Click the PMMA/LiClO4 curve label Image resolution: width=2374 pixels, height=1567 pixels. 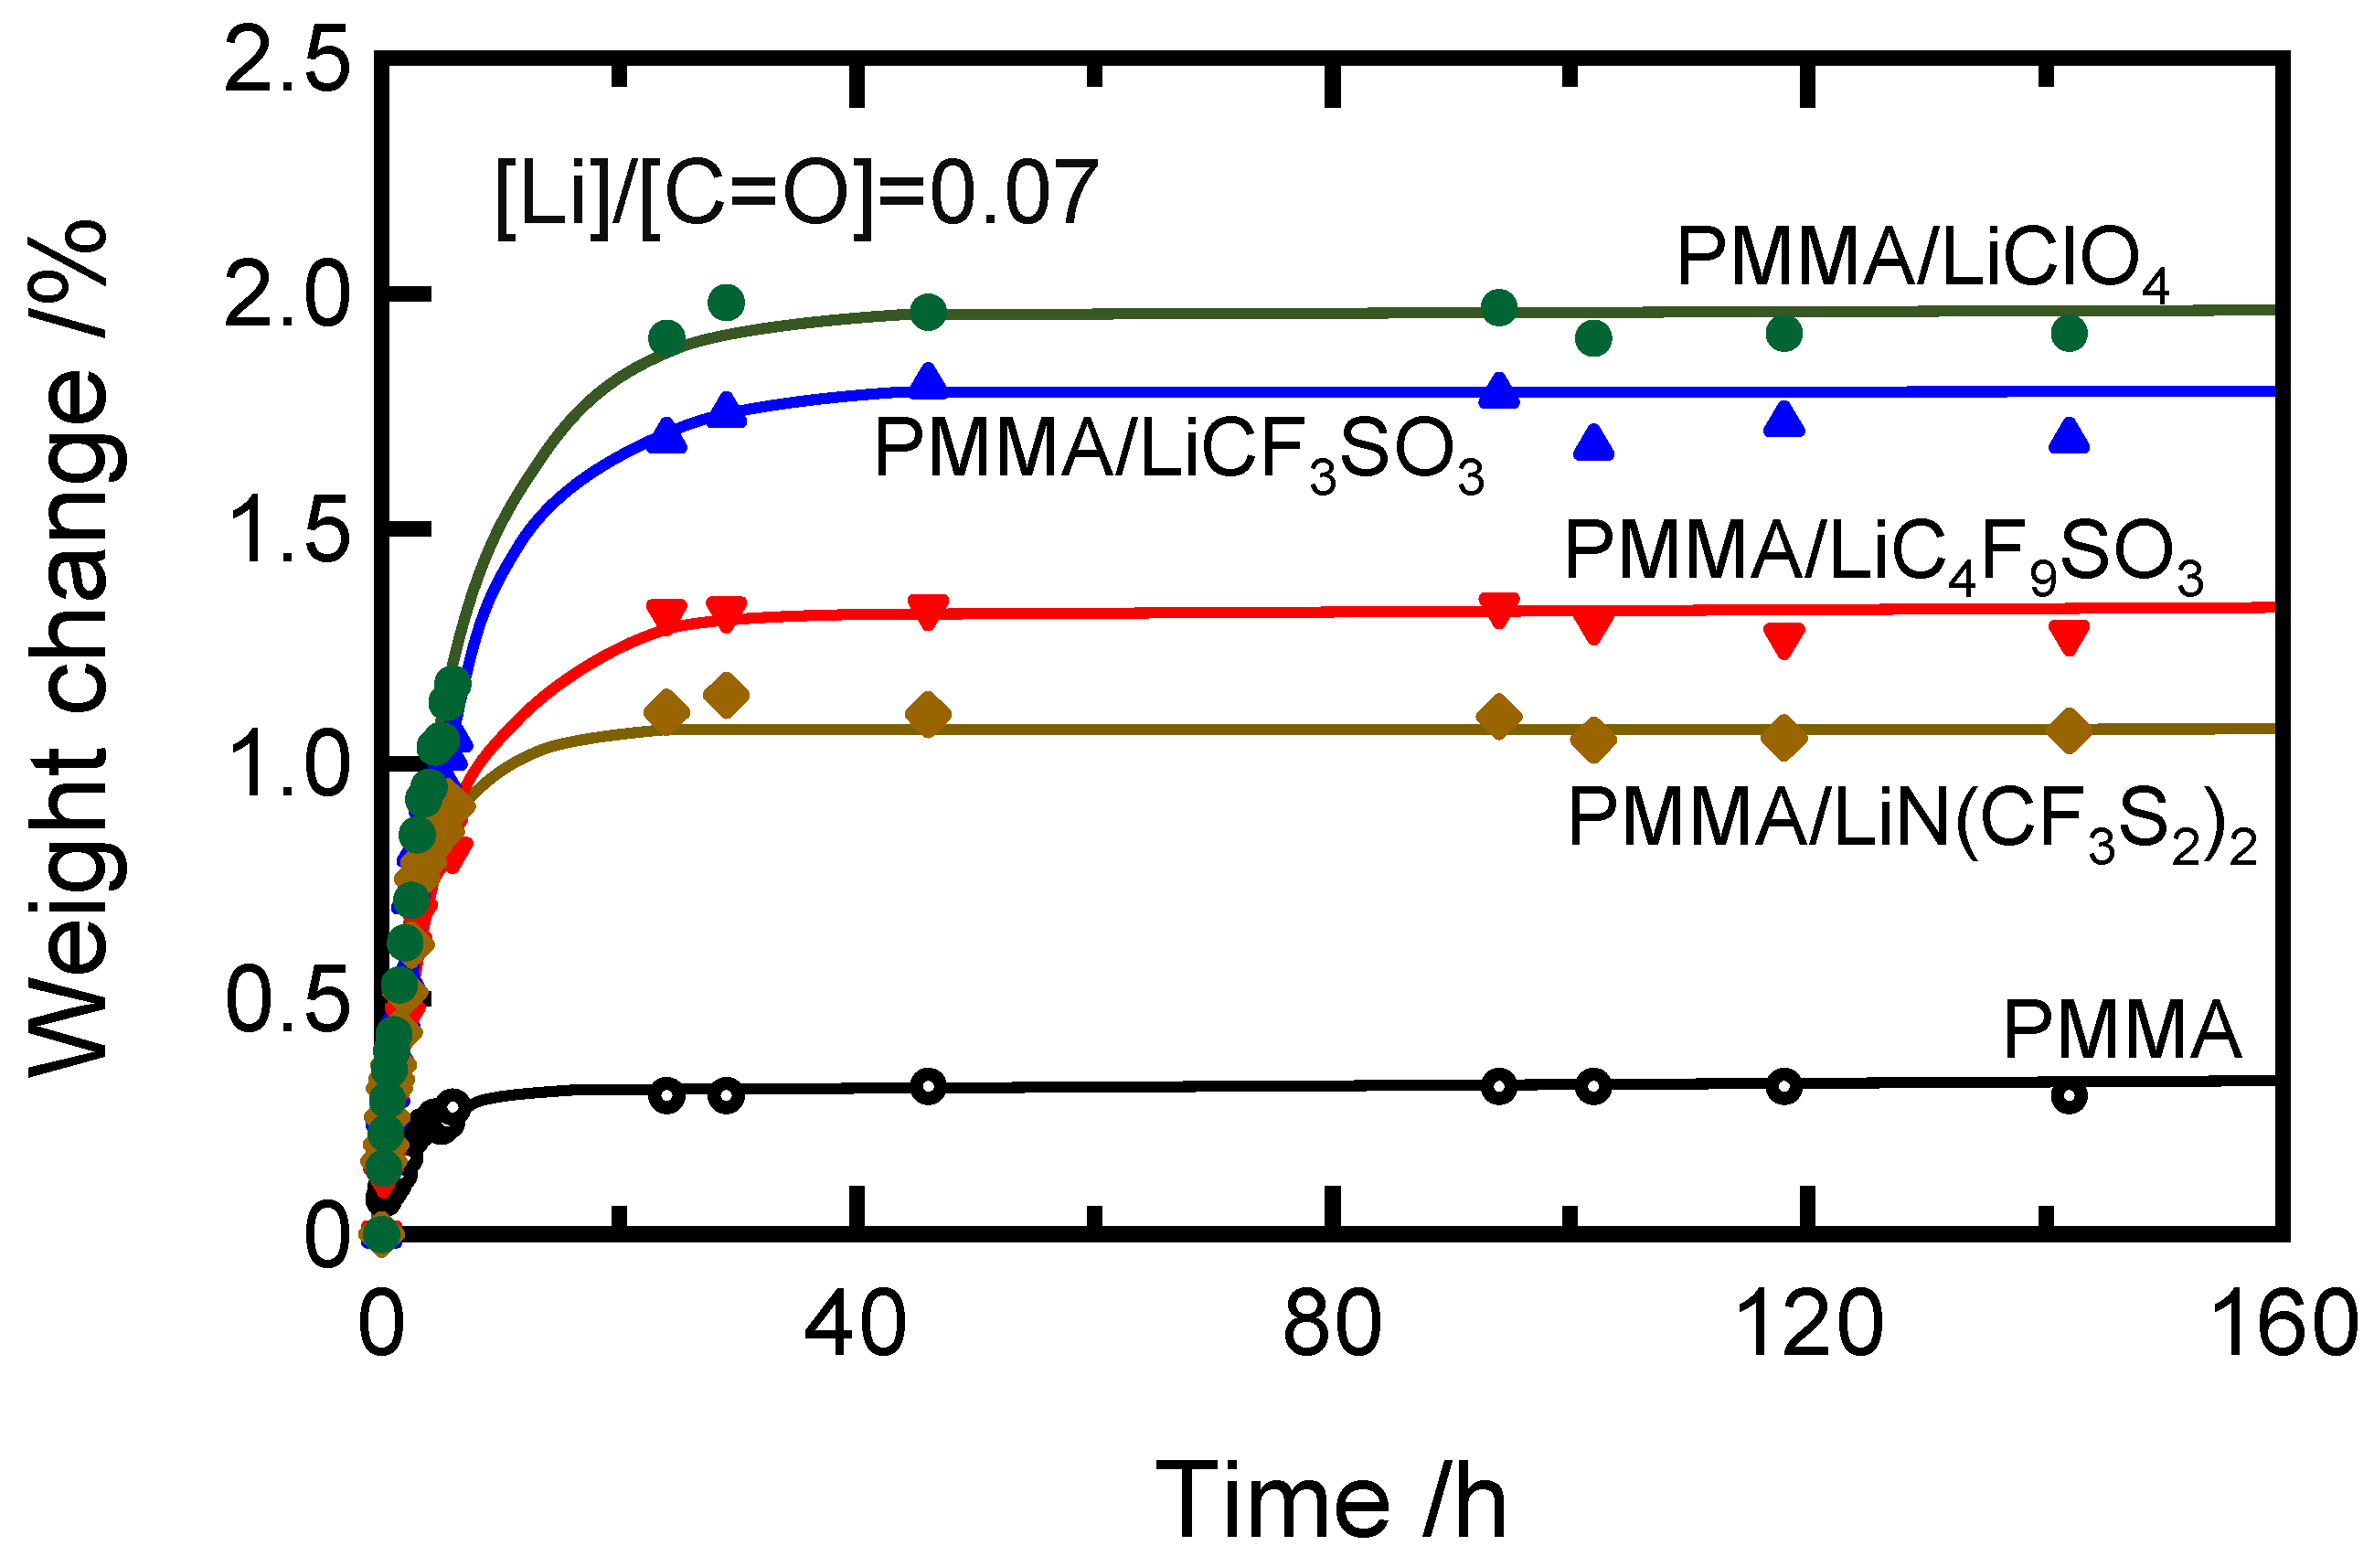pyautogui.click(x=1921, y=261)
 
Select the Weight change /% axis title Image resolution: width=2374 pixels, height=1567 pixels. pyautogui.click(x=70, y=650)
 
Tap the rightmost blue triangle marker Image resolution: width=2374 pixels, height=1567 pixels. pyautogui.click(x=2070, y=437)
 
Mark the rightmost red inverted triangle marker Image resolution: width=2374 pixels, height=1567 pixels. pyautogui.click(x=2070, y=636)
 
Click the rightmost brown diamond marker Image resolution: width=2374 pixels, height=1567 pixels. pyautogui.click(x=2070, y=730)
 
